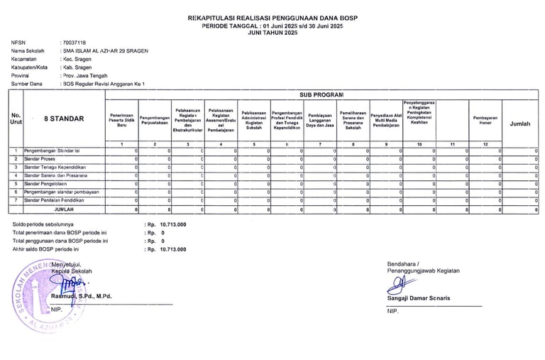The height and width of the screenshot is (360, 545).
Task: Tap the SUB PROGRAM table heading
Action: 321,94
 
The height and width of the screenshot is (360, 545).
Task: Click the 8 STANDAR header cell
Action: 63,119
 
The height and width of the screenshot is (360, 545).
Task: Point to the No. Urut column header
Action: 16,119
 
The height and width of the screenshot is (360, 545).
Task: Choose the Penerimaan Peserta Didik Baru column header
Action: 121,119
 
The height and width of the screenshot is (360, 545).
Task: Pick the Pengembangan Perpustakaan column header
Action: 155,119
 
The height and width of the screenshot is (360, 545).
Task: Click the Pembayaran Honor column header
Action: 485,119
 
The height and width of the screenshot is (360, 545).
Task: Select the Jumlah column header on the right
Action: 519,124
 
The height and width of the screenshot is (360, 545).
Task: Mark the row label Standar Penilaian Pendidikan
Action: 54,200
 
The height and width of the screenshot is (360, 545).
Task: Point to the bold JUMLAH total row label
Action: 64,209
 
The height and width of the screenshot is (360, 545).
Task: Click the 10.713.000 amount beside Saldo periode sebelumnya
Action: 173,224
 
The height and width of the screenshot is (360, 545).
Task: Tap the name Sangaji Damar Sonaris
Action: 419,298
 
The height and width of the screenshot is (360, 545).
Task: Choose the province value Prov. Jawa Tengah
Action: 84,75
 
